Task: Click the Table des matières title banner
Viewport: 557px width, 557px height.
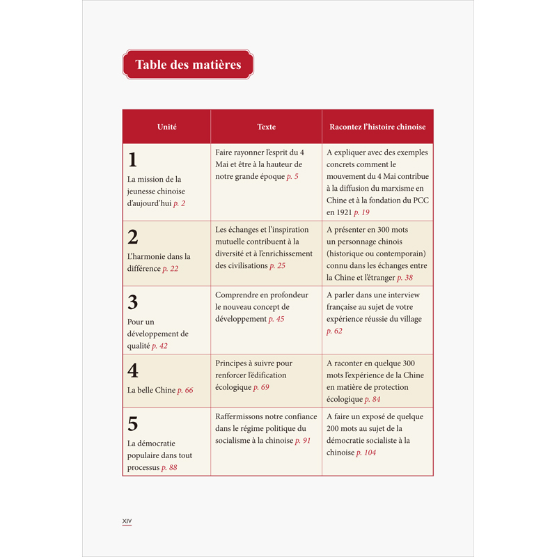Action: tap(188, 65)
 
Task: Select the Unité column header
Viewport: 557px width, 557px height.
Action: tap(166, 127)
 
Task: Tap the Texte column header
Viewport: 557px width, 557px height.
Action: tap(266, 127)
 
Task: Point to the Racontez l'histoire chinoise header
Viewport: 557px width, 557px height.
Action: tap(377, 127)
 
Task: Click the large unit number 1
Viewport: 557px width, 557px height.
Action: tap(132, 160)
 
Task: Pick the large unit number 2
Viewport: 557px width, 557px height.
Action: tap(133, 236)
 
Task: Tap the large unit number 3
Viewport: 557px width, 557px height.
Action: tap(133, 302)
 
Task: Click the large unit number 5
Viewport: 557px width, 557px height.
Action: tap(133, 423)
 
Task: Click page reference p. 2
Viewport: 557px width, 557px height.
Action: tap(179, 203)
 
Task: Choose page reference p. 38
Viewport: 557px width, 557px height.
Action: tap(405, 277)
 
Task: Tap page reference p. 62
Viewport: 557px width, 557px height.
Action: tap(334, 331)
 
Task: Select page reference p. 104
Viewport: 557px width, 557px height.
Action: tap(366, 453)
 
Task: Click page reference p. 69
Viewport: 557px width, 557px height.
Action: tap(261, 386)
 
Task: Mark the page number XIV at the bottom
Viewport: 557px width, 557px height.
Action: tap(127, 521)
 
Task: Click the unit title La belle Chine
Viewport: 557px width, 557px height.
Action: tap(151, 391)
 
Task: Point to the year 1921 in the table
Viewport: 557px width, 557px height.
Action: tap(338, 212)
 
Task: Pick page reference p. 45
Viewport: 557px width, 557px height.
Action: tap(276, 319)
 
